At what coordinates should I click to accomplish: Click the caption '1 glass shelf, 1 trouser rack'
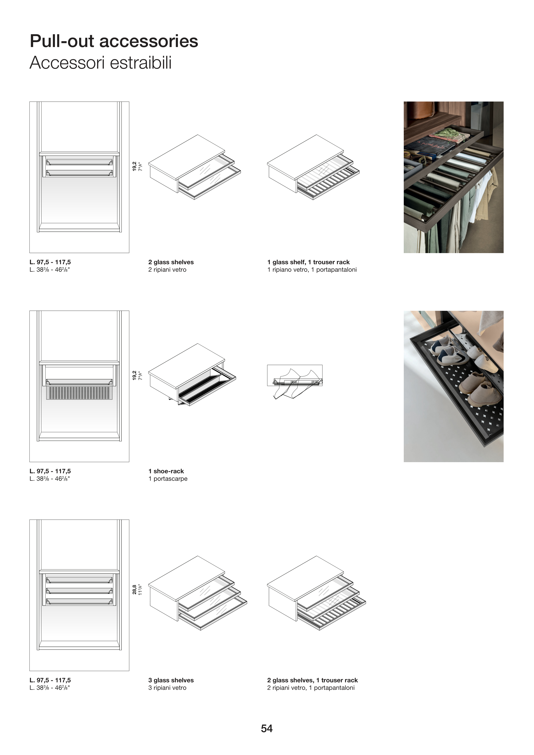pyautogui.click(x=308, y=262)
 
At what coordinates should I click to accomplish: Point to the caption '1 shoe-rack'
pyautogui.click(x=166, y=471)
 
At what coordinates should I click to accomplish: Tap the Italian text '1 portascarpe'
pyautogui.click(x=168, y=479)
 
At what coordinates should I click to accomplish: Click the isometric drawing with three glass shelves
pyautogui.click(x=197, y=593)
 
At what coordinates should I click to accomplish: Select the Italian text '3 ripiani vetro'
pyautogui.click(x=167, y=688)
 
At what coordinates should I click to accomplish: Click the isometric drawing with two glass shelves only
pyautogui.click(x=194, y=167)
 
